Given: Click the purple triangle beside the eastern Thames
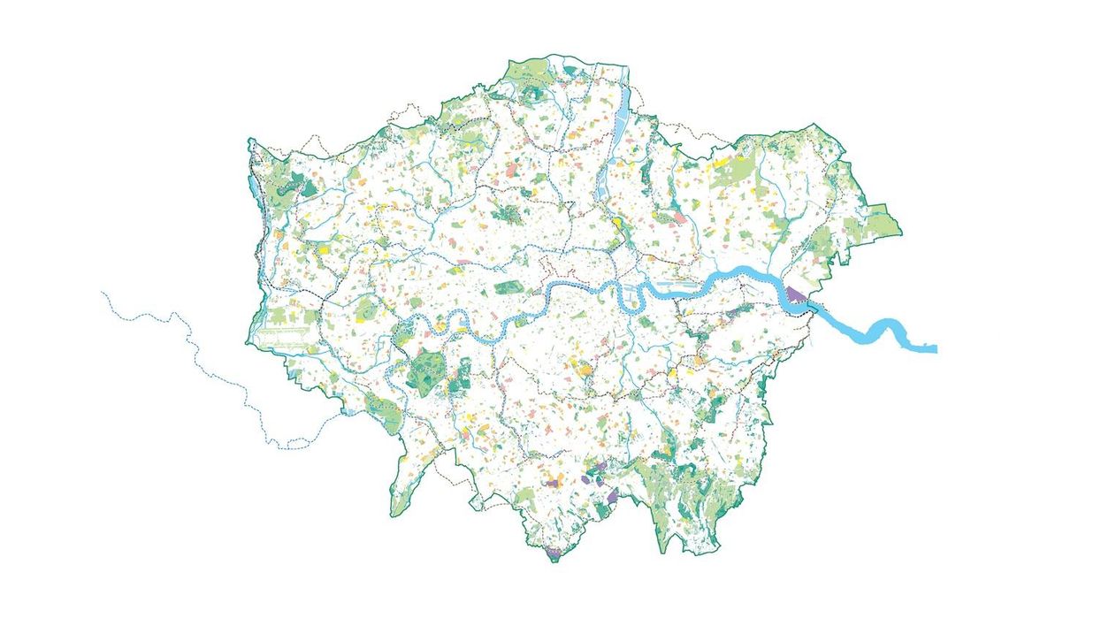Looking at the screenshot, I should pos(795,294).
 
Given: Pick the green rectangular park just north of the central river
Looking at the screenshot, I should pos(508,287).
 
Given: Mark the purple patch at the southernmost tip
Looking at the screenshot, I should pos(554,552).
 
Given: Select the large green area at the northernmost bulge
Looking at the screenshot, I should pos(531,72).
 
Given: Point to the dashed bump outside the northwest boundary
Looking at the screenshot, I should pos(409,110).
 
